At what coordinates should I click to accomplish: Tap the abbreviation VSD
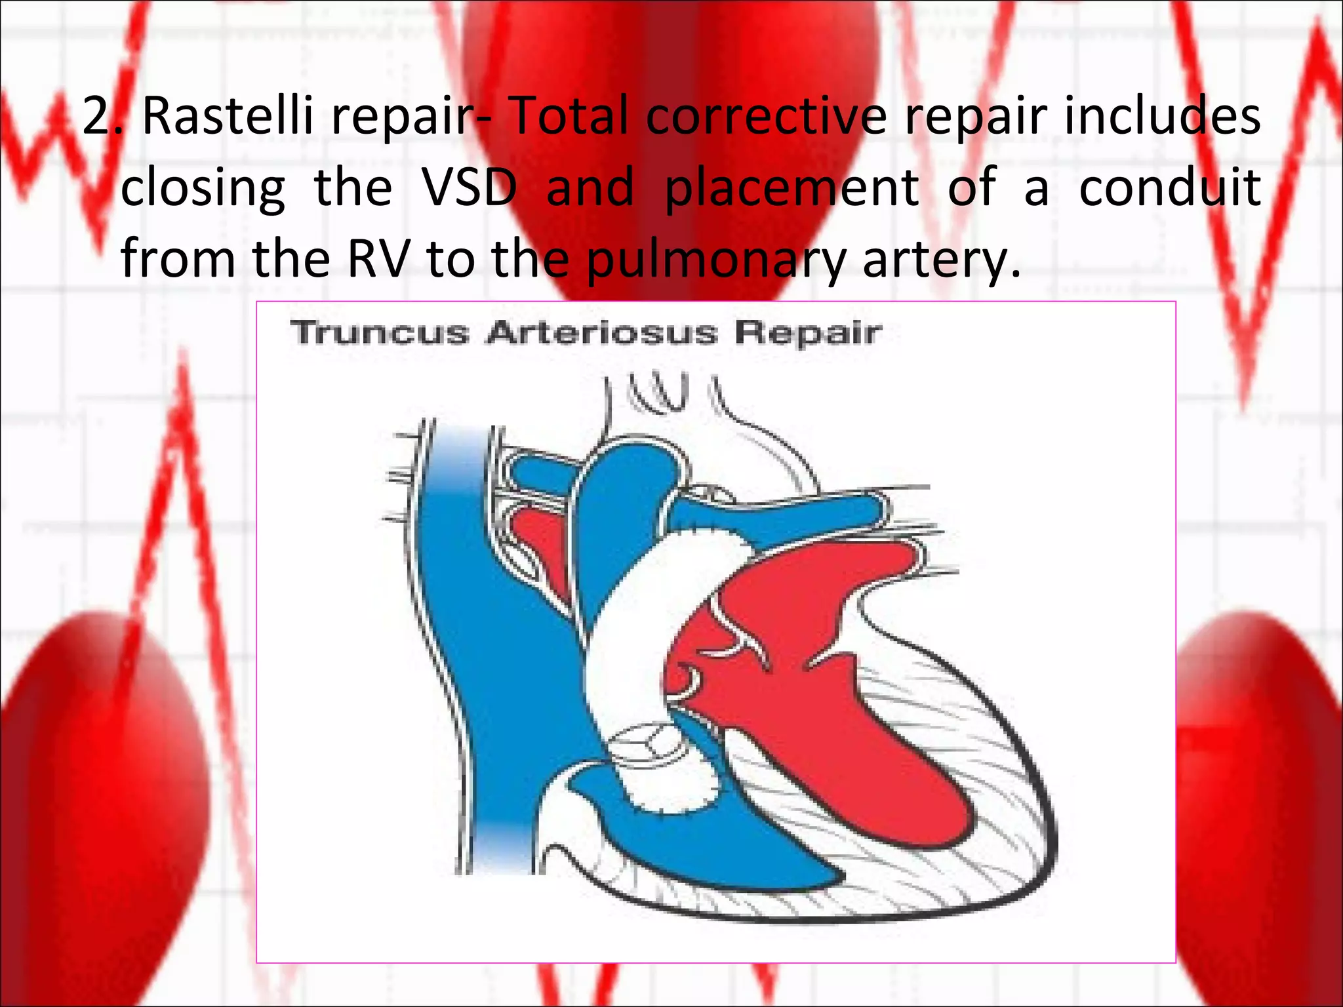click(468, 188)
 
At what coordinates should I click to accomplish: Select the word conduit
click(1169, 188)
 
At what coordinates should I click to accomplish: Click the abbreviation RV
click(378, 259)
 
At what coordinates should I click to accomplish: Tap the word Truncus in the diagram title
click(380, 332)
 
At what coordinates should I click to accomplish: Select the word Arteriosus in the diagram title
click(601, 332)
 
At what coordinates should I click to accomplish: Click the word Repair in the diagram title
click(807, 332)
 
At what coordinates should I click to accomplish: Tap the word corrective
click(765, 116)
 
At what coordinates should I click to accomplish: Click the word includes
click(1161, 116)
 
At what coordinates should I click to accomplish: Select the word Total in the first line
click(569, 116)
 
